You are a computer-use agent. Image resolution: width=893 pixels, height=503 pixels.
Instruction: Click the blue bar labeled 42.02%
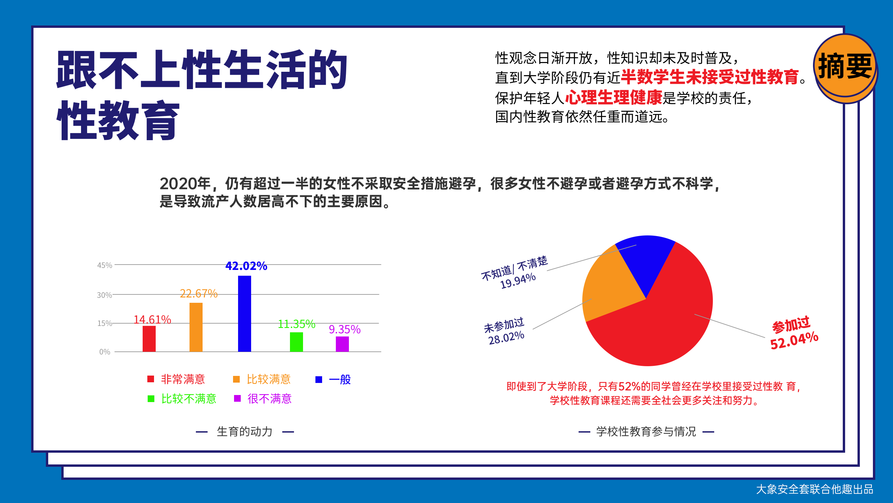[244, 314]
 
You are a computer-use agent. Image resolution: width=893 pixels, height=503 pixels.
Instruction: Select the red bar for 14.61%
[149, 338]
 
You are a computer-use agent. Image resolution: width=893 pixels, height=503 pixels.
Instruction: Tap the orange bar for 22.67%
[196, 327]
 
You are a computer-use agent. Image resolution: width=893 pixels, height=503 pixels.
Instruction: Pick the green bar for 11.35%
[296, 342]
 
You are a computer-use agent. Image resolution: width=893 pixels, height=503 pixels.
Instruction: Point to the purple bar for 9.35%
[342, 344]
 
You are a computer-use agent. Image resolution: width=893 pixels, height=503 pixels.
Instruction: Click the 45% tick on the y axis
[105, 266]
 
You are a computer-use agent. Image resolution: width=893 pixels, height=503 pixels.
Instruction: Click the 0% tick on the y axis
[105, 352]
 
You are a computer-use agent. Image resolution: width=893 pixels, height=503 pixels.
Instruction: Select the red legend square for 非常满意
[150, 379]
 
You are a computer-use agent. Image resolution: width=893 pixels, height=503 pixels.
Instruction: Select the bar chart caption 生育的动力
[244, 432]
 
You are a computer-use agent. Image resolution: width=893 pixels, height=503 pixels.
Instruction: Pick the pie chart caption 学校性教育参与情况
[646, 432]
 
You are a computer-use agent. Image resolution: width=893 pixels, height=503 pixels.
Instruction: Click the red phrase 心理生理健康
[614, 98]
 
